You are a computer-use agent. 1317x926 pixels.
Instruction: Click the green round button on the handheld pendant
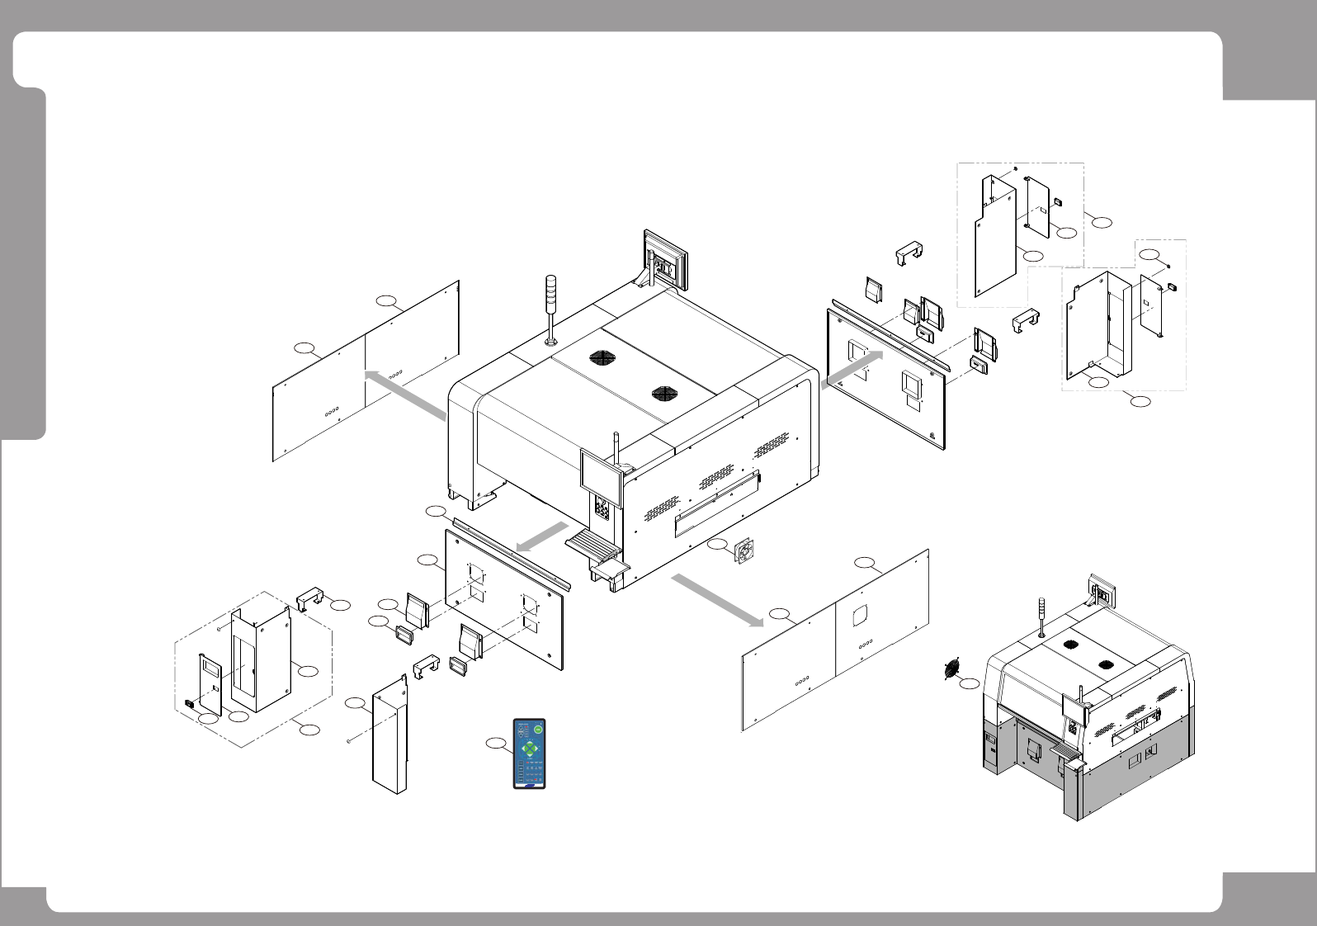point(538,729)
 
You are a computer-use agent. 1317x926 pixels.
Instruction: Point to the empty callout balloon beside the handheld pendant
point(496,744)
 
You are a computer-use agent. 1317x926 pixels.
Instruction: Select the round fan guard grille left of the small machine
point(955,669)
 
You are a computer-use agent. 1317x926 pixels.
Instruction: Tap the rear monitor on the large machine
point(665,260)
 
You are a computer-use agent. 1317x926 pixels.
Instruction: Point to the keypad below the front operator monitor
point(602,509)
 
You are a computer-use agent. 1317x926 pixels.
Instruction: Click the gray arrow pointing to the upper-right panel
point(852,369)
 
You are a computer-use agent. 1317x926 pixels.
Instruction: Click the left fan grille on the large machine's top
point(603,358)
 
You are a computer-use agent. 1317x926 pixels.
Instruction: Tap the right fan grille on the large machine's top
point(664,394)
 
